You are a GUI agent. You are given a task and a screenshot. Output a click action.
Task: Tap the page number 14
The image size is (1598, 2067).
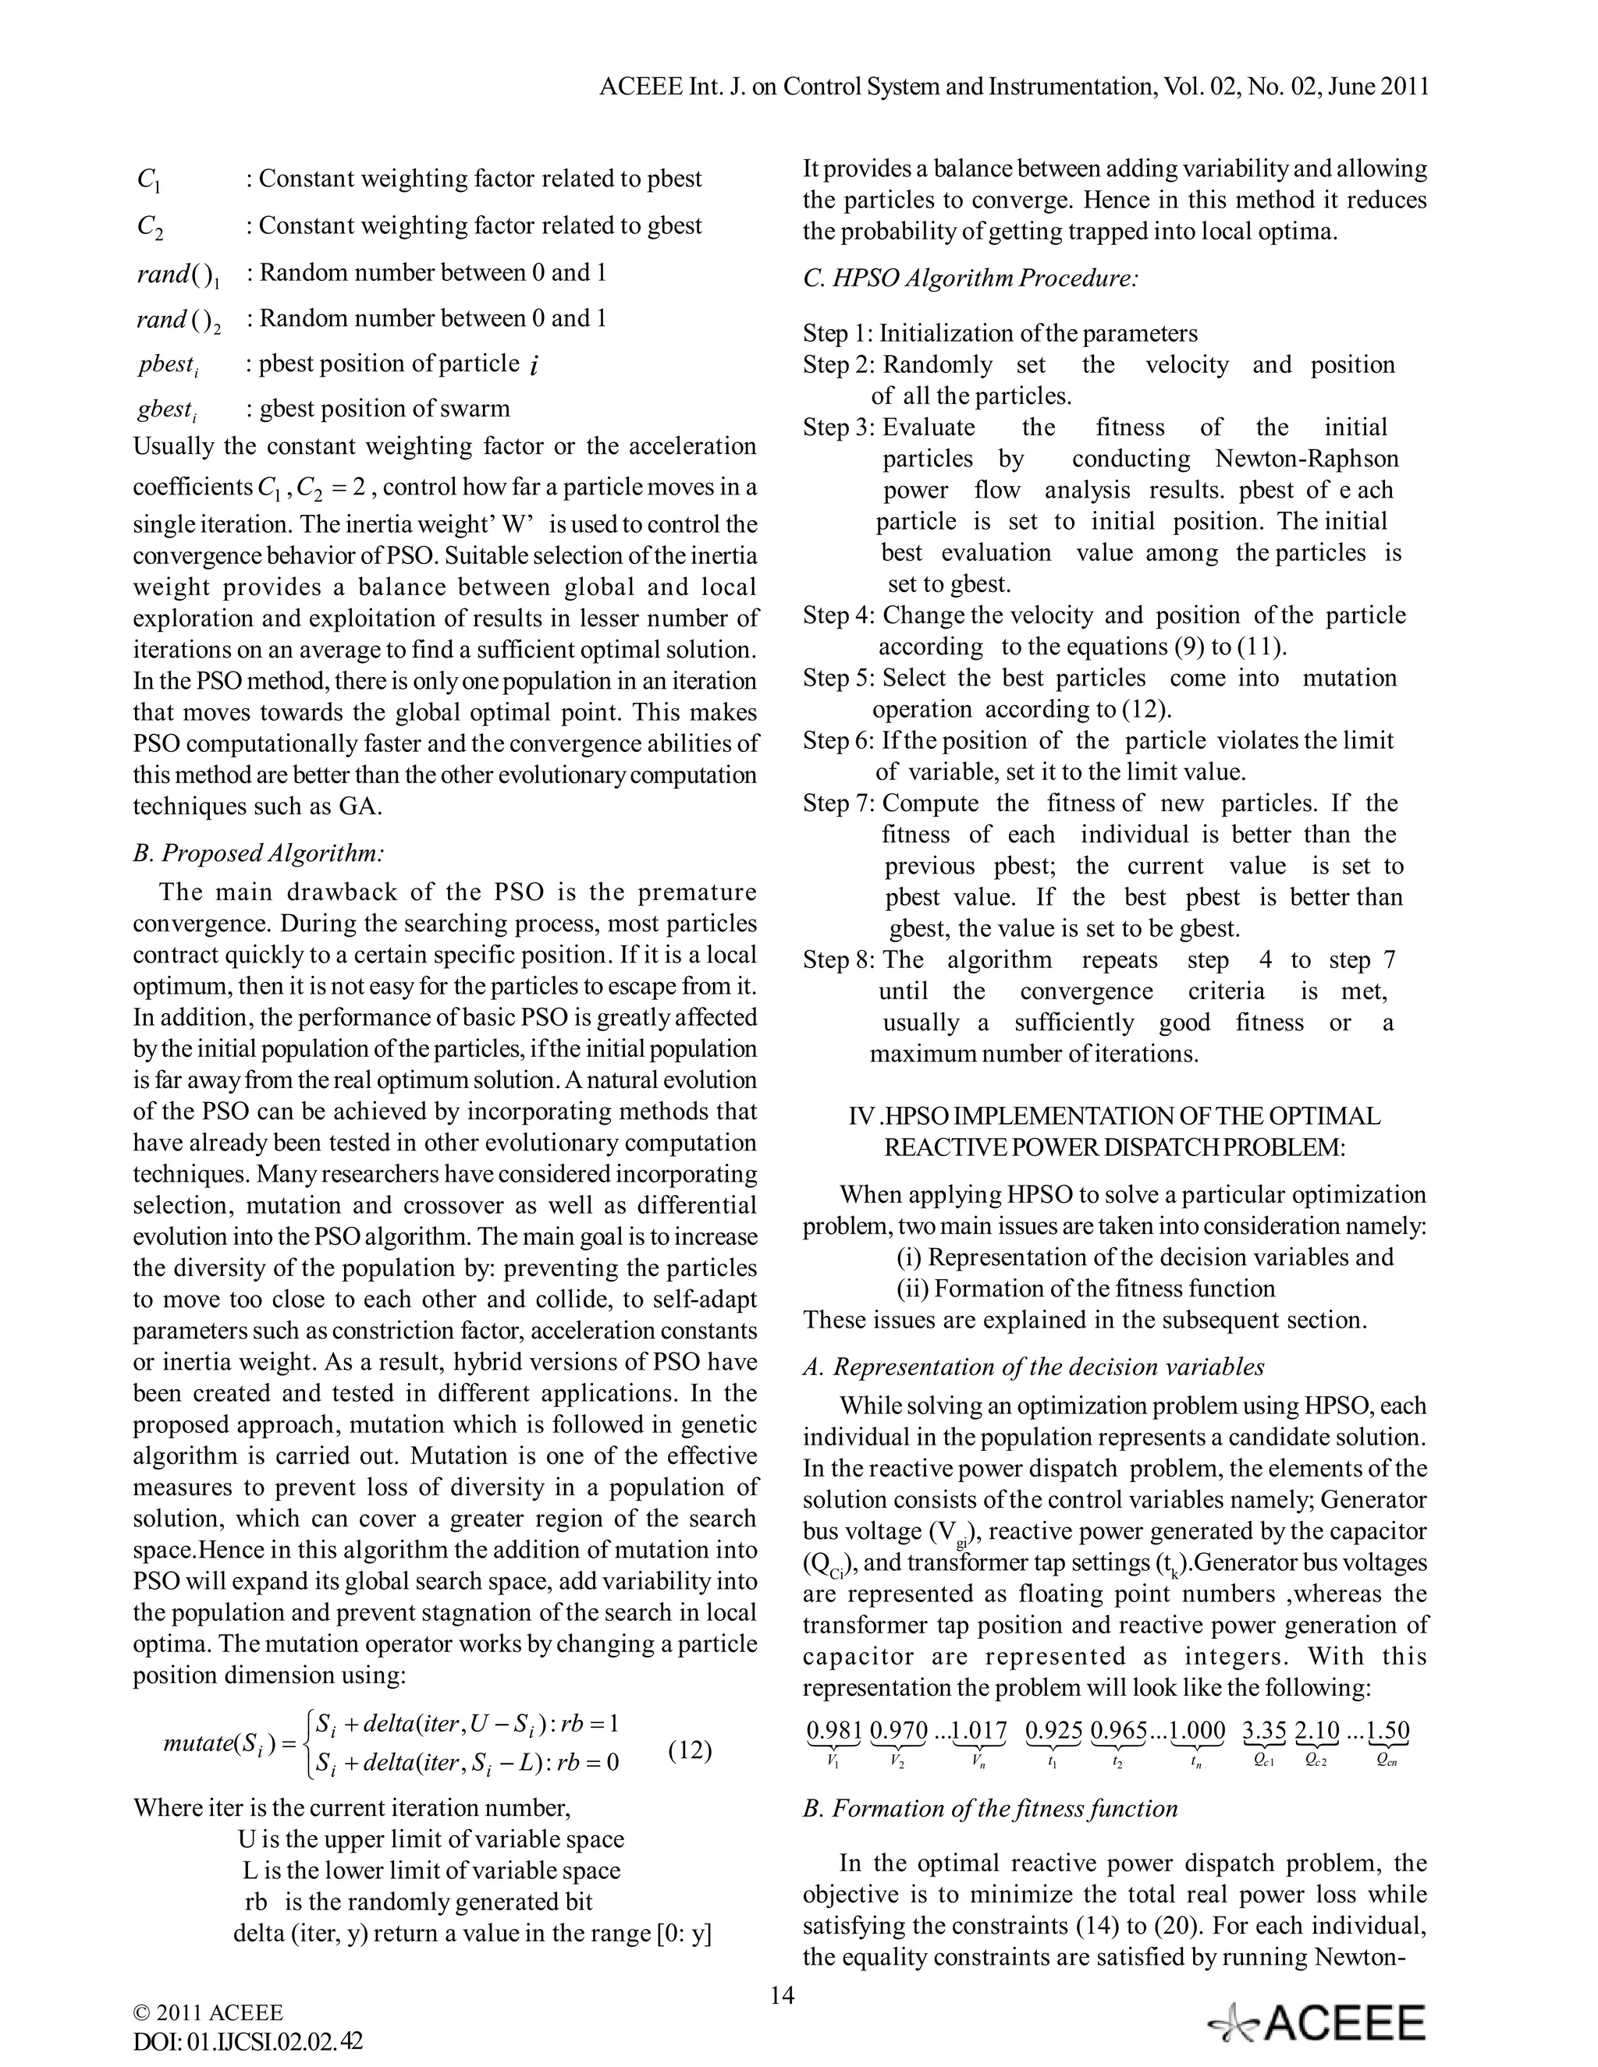click(x=782, y=1995)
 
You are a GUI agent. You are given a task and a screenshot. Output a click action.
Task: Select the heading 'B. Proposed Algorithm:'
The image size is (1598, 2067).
click(x=258, y=853)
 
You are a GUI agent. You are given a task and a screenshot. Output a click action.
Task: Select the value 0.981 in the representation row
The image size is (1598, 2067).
click(x=833, y=1731)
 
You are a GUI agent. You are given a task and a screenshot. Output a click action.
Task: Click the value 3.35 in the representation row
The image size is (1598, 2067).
click(x=1264, y=1731)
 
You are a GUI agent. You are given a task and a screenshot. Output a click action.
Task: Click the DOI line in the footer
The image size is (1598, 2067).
click(x=248, y=2041)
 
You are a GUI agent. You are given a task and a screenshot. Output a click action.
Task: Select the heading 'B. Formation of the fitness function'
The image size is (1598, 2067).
click(x=990, y=1809)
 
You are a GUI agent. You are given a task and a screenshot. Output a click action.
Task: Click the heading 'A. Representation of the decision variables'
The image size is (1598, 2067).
click(x=1033, y=1367)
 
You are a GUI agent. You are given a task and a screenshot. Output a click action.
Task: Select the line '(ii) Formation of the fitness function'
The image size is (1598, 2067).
click(x=1086, y=1288)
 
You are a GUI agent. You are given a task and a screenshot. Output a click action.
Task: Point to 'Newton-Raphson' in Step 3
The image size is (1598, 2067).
click(x=1306, y=459)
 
